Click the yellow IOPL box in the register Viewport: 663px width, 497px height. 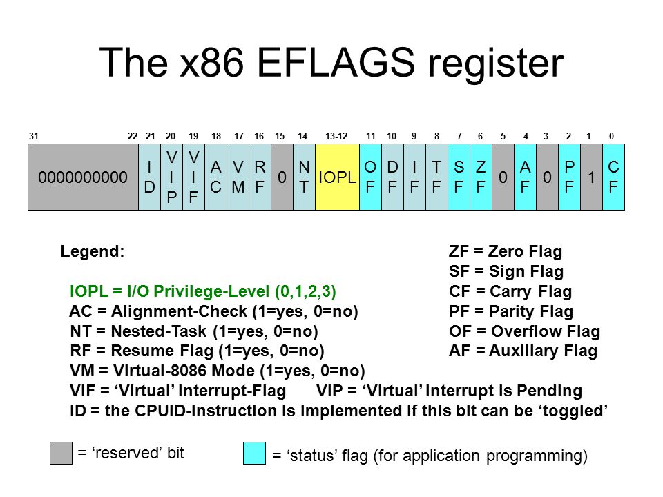point(337,177)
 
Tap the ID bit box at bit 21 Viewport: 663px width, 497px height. point(149,177)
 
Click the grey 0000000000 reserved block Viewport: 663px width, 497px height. point(83,177)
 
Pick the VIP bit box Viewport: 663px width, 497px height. point(171,177)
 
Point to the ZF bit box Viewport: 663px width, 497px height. point(481,177)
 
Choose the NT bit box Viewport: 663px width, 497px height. point(304,177)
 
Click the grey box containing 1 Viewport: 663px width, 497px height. point(591,177)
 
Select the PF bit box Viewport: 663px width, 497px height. point(569,177)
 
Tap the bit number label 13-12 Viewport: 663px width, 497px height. point(337,136)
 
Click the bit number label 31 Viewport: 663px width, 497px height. point(32,136)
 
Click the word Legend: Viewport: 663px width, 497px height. point(93,251)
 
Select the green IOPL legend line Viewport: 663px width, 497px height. point(203,291)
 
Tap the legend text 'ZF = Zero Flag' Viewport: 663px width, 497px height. point(506,251)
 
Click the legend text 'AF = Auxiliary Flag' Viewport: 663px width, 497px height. point(523,351)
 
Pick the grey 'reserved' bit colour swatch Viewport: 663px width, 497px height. point(61,453)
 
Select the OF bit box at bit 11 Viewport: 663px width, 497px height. point(370,177)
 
